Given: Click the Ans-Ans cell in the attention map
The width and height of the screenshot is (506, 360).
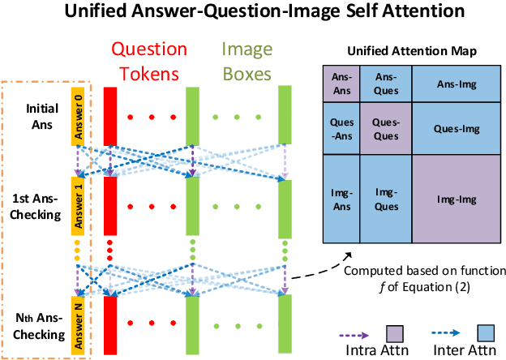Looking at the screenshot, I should tap(341, 84).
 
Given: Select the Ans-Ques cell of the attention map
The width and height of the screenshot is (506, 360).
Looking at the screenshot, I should tap(386, 84).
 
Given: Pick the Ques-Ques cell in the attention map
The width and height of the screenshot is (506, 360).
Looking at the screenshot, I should tap(386, 128).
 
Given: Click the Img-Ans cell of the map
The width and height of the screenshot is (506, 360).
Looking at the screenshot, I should tap(341, 199).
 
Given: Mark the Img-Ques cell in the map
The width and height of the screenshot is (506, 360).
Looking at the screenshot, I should tap(386, 199).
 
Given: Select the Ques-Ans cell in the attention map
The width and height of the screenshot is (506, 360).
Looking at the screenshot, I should tap(341, 128).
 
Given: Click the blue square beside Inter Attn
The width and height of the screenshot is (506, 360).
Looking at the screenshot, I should tap(487, 332).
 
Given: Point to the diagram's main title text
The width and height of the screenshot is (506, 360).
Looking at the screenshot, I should tap(252, 13).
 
